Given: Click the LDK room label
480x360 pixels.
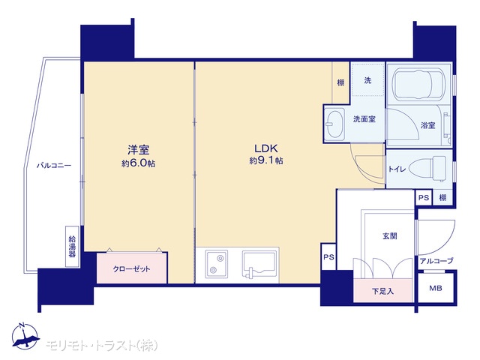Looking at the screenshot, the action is coord(266,148).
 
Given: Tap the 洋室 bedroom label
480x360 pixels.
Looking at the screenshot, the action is coord(138,150).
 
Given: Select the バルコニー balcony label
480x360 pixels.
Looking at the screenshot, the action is coord(54,166).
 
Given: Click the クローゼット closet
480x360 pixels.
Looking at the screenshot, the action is coord(132,268).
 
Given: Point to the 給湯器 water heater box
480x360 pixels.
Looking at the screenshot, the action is coord(72,246).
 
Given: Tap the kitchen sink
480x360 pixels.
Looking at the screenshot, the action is coord(259,263).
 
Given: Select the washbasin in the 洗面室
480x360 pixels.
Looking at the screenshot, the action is coord(334,124).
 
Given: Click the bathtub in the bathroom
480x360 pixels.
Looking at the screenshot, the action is coord(417,84).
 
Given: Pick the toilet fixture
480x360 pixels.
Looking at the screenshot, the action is coord(427,169).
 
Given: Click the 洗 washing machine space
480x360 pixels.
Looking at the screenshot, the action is coord(367,80).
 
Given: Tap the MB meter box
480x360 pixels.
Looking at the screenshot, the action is coord(435,288).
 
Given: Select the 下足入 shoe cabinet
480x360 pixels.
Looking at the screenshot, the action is coord(382,290).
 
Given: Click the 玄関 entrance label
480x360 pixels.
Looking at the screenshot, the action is coord(390,235).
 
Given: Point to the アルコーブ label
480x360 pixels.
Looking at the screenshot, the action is coord(436,261).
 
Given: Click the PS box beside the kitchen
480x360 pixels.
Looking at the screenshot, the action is coord(328,256).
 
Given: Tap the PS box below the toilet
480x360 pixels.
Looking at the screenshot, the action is coord(423,197).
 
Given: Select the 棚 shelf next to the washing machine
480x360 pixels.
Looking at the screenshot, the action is coord(340,82).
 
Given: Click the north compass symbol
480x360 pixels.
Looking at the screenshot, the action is coord(25,336).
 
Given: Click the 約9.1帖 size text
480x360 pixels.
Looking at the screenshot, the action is coord(266,160).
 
